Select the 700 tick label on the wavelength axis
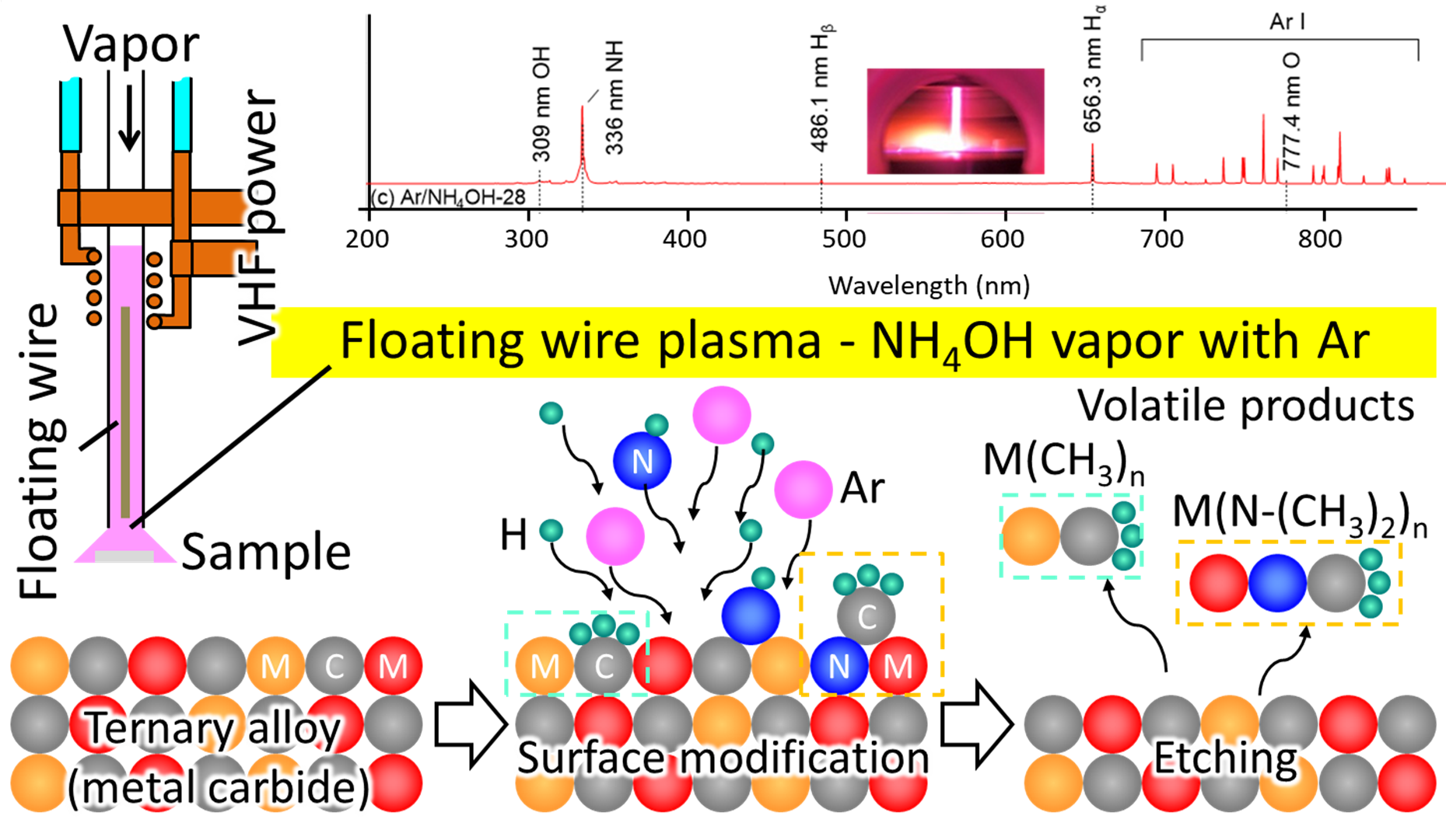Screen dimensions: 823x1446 click(1162, 239)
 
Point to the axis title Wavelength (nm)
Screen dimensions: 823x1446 click(929, 286)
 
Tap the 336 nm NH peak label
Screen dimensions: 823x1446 click(614, 98)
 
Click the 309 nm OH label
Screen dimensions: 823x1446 click(542, 103)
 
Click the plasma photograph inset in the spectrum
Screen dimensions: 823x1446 click(955, 121)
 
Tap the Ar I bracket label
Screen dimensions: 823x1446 click(1287, 22)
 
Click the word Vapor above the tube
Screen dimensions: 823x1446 click(131, 44)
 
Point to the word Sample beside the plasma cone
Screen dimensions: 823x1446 click(266, 553)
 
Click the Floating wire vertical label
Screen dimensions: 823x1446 click(40, 451)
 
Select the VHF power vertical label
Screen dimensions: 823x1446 click(259, 217)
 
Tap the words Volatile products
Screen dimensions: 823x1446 click(1245, 406)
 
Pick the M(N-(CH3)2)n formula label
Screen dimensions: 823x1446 click(1299, 515)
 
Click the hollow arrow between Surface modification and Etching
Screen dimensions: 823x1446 click(976, 724)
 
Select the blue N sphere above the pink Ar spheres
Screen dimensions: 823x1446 click(642, 462)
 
